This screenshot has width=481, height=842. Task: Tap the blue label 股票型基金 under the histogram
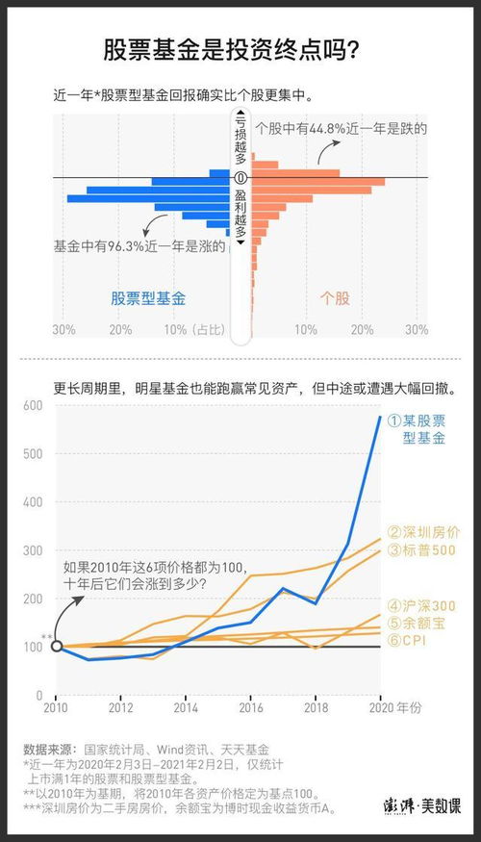148,298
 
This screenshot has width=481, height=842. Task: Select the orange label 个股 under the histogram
334,298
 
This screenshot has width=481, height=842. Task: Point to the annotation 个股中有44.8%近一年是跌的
341,128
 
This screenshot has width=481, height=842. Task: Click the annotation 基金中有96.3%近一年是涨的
140,246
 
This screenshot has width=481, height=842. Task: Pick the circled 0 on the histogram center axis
240,178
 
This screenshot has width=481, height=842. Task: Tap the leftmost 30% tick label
64,329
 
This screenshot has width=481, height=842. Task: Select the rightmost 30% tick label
416,329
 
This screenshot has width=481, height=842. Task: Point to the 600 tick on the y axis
33,405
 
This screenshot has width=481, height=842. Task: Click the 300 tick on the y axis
33,550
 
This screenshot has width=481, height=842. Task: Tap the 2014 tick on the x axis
186,708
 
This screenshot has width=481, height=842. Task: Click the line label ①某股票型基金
418,429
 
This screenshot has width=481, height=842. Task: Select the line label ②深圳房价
423,531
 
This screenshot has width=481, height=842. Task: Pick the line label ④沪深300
423,605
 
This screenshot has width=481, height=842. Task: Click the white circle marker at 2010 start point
56,646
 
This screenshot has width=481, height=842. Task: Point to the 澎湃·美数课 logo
425,806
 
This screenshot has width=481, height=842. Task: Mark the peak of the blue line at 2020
380,416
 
